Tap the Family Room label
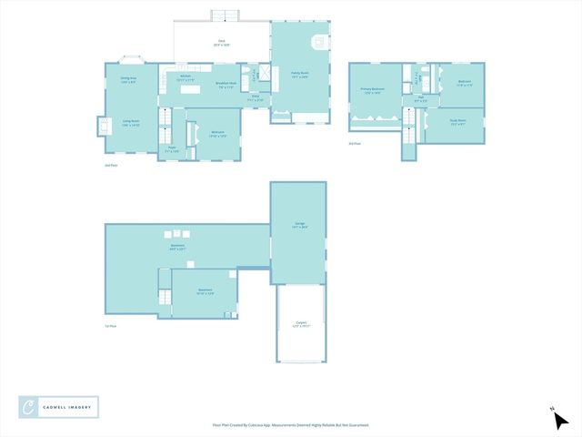300,76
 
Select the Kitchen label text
185,77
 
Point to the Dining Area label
129,80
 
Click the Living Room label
131,122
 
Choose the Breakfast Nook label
226,85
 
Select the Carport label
301,324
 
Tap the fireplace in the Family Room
318,42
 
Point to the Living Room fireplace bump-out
101,126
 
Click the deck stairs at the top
223,15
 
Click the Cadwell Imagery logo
59,407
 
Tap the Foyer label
171,148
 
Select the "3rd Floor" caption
354,144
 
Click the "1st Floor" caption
110,325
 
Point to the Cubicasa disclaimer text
291,424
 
